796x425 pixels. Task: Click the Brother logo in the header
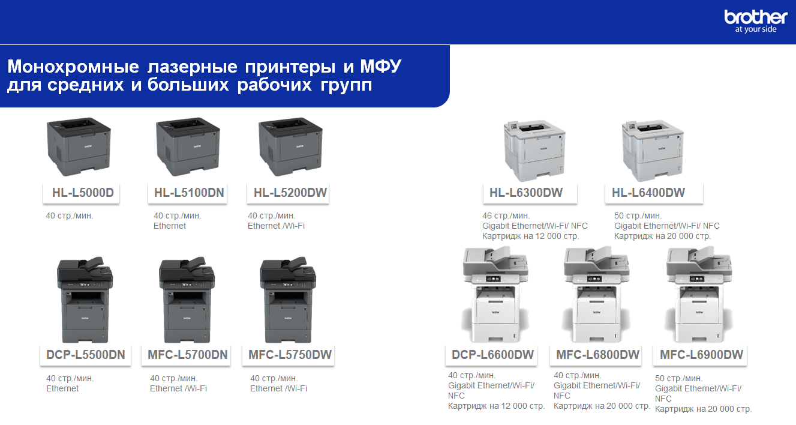pos(756,22)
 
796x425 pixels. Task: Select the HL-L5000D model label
pos(83,193)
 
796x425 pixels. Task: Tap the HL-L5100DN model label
pos(189,193)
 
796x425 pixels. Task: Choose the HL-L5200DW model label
pos(290,193)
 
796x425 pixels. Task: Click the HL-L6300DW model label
pos(526,193)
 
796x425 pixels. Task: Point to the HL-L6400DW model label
pos(648,193)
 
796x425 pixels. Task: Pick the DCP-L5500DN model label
pos(86,355)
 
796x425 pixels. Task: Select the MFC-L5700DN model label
pos(188,355)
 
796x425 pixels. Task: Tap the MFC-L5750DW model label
pos(290,355)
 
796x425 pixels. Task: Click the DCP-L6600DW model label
pos(492,355)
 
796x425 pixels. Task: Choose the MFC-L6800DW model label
pos(597,355)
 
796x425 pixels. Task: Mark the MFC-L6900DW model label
pos(701,355)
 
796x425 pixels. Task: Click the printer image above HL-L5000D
pos(79,146)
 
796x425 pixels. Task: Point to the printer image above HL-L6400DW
pos(653,151)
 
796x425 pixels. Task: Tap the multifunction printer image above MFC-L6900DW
pos(699,294)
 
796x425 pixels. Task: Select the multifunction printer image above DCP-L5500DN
pos(85,300)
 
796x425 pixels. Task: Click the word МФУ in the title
pos(381,67)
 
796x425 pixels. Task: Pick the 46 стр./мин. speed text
pos(506,216)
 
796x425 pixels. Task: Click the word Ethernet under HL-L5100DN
pos(170,226)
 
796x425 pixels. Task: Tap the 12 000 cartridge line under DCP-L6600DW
pos(497,406)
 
